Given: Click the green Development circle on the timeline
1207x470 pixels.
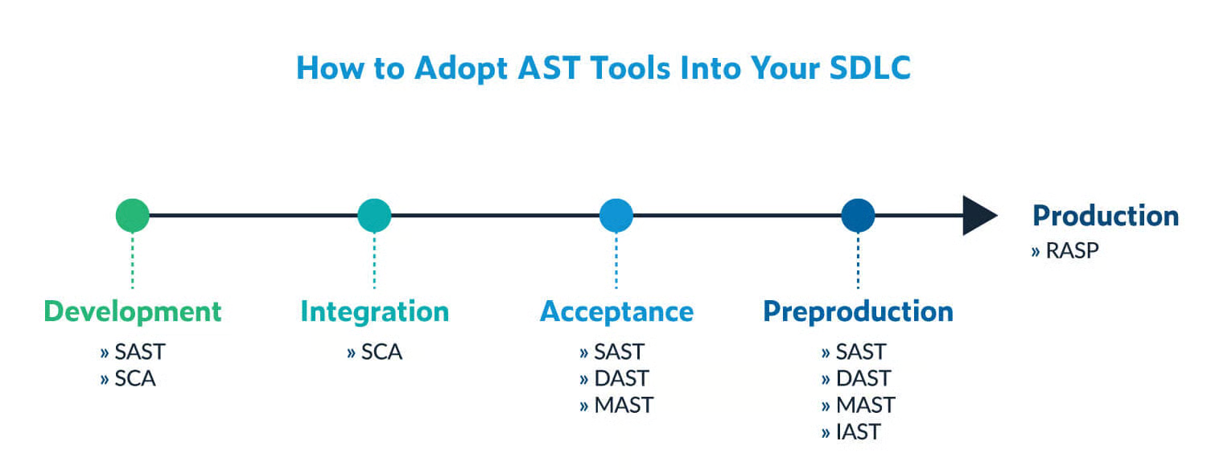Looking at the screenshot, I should coord(133,216).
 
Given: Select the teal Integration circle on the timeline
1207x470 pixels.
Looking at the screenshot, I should coord(374,216).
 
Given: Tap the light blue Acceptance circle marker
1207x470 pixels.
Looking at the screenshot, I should coord(616,216).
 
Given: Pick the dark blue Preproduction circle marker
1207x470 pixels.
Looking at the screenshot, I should coord(858,216).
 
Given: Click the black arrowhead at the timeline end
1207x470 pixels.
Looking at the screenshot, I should coord(978,216).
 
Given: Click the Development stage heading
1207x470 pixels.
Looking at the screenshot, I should coord(133,311).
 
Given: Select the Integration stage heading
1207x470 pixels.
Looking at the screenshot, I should coord(374,311).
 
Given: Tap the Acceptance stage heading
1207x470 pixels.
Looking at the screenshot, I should coord(616,311).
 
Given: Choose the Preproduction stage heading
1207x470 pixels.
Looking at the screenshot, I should coord(858,311).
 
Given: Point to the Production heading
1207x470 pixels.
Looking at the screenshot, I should coord(1106,216).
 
